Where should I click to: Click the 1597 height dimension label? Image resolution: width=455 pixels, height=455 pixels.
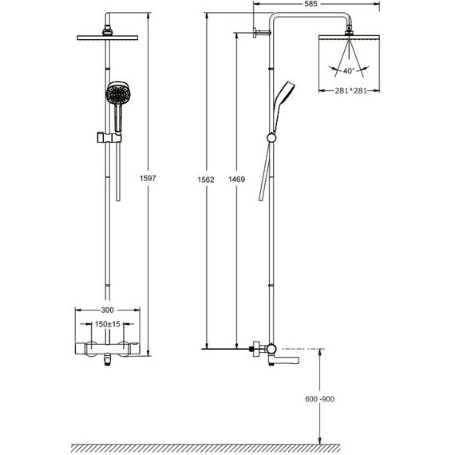[148, 178]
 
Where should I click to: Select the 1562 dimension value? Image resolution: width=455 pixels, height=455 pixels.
[206, 180]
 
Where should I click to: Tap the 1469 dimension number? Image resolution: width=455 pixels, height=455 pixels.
[236, 179]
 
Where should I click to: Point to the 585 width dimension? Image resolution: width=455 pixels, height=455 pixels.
[311, 4]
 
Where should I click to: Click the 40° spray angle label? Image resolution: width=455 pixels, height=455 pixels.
[349, 70]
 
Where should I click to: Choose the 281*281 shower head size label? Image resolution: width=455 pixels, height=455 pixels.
[350, 91]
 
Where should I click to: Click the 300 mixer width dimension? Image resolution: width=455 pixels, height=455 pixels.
[108, 310]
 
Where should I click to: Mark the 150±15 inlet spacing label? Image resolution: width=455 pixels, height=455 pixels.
[108, 324]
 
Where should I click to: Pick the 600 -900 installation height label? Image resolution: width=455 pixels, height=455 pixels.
[319, 398]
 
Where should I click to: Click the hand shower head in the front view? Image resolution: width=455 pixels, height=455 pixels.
[118, 93]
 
